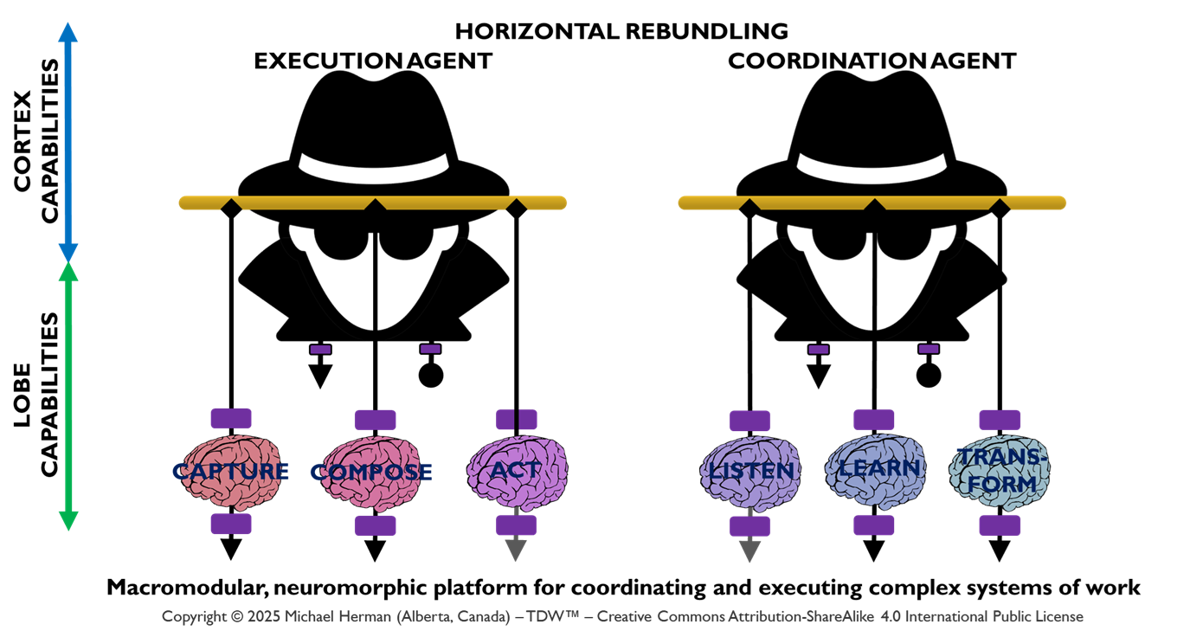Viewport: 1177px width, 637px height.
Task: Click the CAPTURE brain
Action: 229,473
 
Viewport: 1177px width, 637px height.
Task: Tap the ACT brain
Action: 516,471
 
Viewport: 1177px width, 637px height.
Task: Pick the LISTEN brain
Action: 748,473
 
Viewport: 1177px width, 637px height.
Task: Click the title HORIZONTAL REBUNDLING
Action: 621,32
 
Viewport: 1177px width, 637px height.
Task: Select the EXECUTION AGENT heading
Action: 373,61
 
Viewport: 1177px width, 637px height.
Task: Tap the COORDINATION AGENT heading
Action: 871,61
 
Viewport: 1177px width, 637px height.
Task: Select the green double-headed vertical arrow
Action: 69,395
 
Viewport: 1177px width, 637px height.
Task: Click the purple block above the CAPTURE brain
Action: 231,419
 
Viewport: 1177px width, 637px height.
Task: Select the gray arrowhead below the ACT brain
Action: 516,549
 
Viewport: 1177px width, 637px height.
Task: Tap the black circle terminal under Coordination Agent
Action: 929,375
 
